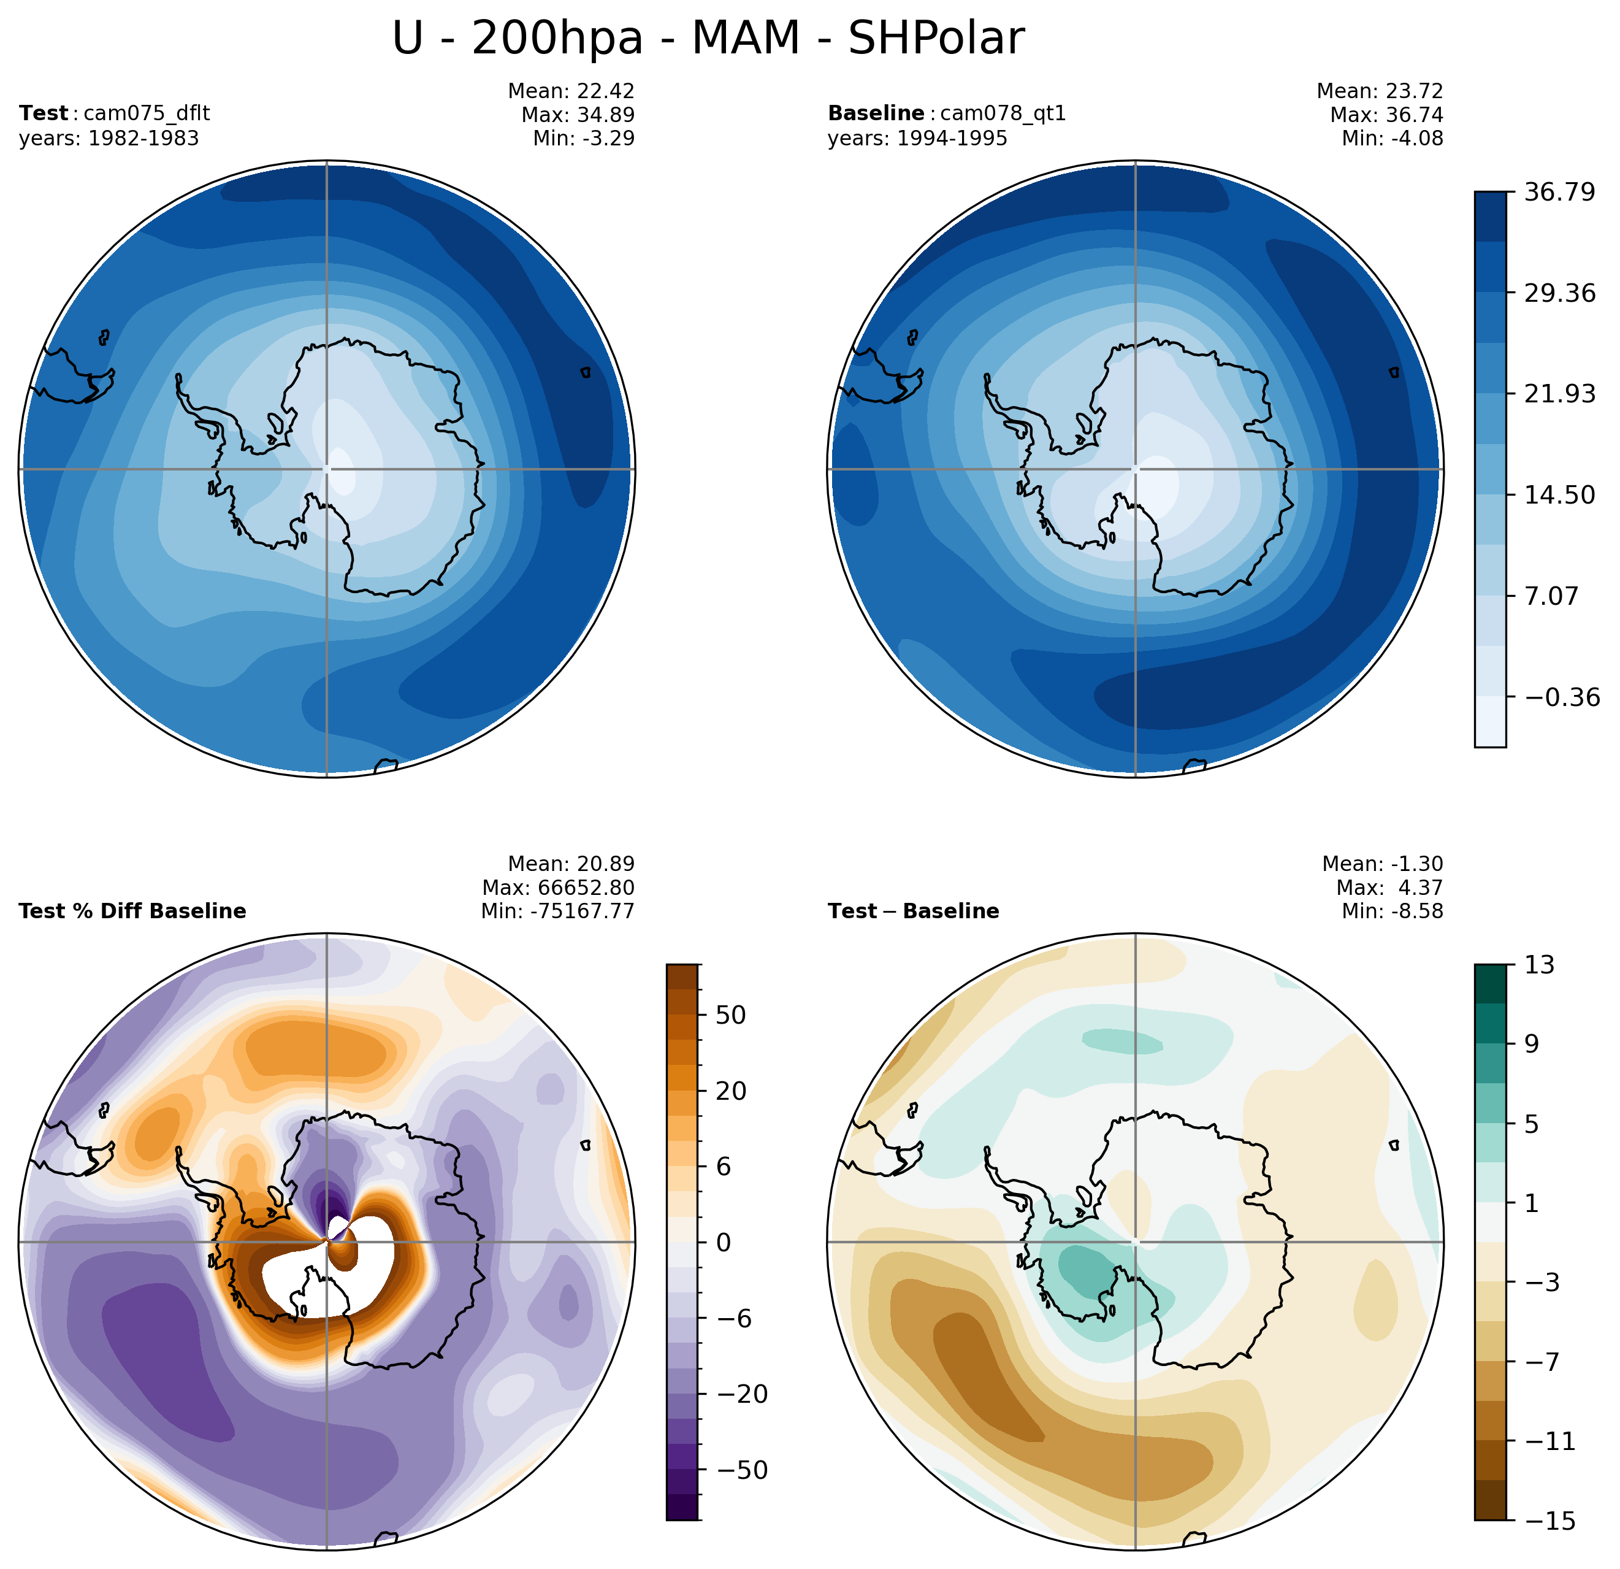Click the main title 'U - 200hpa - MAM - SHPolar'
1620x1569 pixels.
708,39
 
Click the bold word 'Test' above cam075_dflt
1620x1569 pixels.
44,113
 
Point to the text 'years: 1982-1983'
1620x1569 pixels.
109,138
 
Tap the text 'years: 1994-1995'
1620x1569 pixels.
917,138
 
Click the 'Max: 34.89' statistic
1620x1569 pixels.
578,114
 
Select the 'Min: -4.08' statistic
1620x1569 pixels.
1392,138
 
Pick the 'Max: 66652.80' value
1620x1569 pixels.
558,888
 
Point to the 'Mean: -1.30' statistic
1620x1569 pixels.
1382,864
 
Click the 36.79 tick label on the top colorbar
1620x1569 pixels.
1560,192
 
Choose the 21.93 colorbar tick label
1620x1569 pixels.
1560,394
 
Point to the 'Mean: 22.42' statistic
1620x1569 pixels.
571,90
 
